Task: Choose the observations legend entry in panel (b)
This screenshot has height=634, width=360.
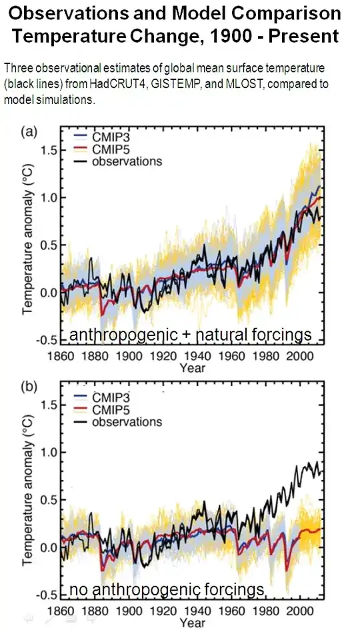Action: [118, 421]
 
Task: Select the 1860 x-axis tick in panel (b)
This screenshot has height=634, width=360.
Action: [59, 611]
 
